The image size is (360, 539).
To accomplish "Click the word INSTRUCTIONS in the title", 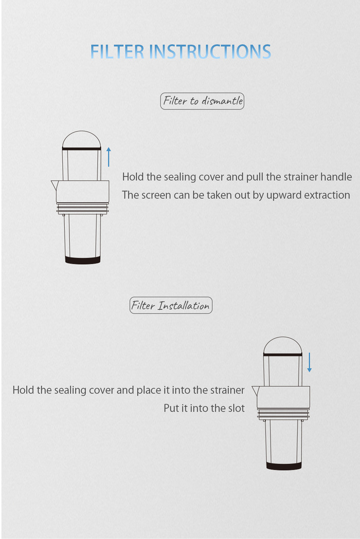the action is pyautogui.click(x=210, y=52).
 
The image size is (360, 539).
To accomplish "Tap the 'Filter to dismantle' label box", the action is pyautogui.click(x=202, y=101).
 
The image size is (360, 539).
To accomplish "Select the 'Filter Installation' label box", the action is pyautogui.click(x=171, y=305).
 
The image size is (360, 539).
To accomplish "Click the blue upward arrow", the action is pyautogui.click(x=109, y=157).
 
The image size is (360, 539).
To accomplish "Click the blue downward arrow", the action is pyautogui.click(x=310, y=362).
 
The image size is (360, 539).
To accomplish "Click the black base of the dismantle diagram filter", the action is pyautogui.click(x=83, y=260).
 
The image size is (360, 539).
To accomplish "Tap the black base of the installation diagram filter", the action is pyautogui.click(x=284, y=466).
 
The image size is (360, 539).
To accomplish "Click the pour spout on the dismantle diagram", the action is pyautogui.click(x=54, y=185).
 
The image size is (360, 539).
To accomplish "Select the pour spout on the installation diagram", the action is pyautogui.click(x=255, y=391).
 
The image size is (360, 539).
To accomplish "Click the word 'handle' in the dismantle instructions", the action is pyautogui.click(x=336, y=177).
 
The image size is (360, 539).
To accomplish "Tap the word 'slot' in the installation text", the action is pyautogui.click(x=236, y=408).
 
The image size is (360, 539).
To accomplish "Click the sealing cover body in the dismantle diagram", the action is pyautogui.click(x=83, y=191).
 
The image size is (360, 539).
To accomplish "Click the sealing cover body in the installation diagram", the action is pyautogui.click(x=283, y=397).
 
